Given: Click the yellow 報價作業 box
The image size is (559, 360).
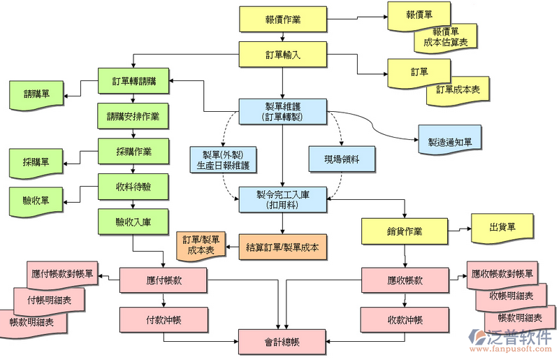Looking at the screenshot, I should tap(283, 19).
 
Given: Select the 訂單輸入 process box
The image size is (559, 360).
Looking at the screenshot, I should tap(283, 55).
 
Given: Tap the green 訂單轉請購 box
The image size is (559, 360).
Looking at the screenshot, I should tap(133, 81).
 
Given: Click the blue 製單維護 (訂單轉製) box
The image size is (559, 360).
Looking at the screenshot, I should tap(283, 111).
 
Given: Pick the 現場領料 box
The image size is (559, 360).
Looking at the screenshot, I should tap(342, 159).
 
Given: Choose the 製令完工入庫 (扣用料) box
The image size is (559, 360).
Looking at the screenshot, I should tap(283, 199).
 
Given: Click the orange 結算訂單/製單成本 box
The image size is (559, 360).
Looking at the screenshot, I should tap(283, 247).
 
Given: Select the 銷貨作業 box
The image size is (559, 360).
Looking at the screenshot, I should tap(405, 231).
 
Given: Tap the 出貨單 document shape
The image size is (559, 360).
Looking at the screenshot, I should tap(502, 227).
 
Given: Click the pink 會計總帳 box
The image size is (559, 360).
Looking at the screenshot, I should tap(282, 342).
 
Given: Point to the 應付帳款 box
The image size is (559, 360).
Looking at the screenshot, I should tap(164, 280).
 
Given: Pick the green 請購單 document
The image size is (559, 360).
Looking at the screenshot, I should tap(36, 94).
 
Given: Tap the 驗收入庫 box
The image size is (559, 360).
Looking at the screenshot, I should tap(133, 222).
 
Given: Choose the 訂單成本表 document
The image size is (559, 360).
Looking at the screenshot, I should tap(458, 90).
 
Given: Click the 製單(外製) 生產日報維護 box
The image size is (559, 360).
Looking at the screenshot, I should tap(223, 160).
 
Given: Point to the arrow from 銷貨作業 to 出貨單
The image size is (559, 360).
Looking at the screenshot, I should tap(458, 229).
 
